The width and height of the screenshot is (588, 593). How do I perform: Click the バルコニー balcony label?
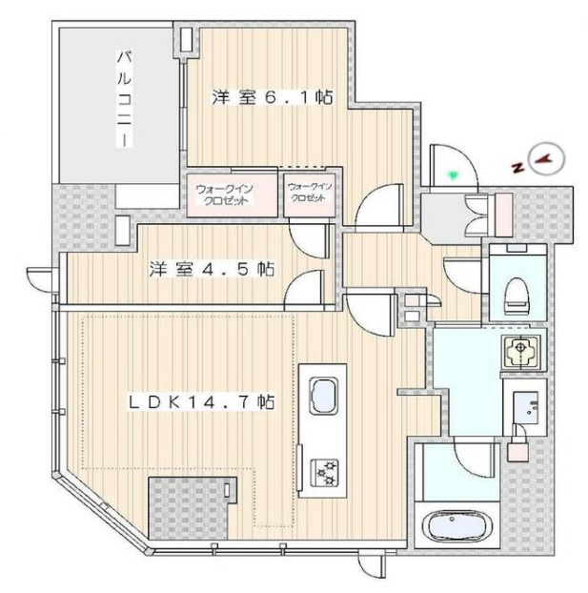(125, 99)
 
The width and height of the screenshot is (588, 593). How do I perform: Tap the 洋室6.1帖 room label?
(272, 97)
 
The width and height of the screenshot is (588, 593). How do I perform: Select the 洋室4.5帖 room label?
(212, 269)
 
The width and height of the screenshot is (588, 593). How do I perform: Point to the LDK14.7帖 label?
(201, 402)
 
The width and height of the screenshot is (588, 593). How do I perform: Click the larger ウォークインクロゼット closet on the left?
(233, 195)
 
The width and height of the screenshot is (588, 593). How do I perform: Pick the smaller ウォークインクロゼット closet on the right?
(310, 195)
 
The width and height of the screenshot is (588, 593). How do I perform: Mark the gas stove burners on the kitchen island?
(324, 473)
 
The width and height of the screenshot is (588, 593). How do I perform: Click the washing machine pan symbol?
(520, 352)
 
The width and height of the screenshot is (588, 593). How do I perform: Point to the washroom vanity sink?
(526, 408)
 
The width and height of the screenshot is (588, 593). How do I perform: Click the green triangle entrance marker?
(453, 174)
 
